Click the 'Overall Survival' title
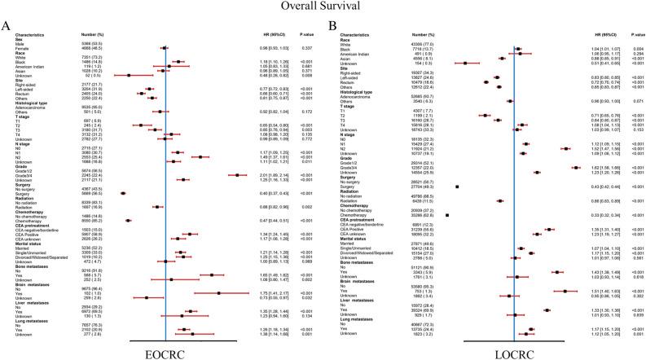pos(323,8)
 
